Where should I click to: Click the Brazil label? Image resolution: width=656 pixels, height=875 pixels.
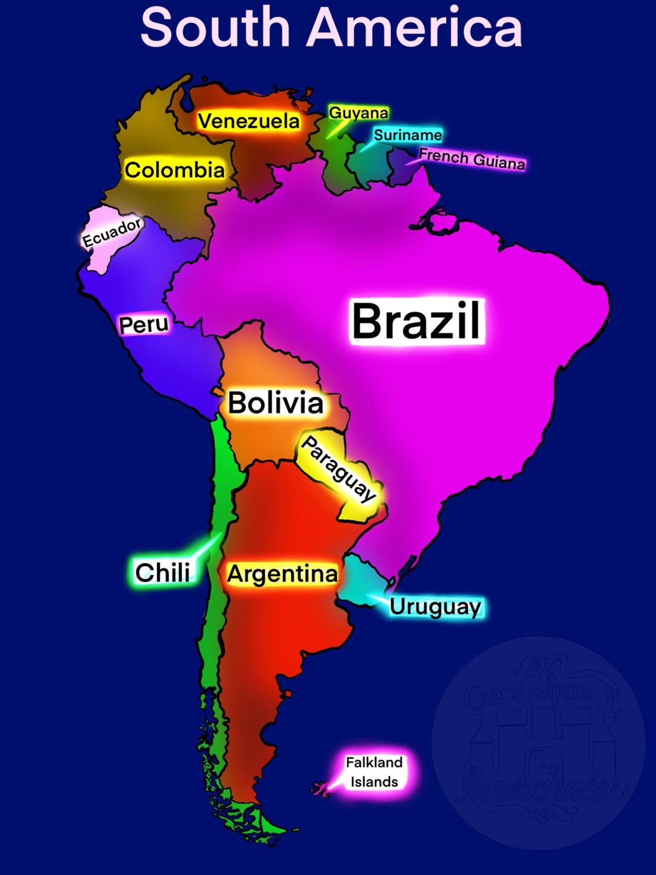coord(417,320)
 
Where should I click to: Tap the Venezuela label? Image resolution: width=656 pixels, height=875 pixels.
coord(249,121)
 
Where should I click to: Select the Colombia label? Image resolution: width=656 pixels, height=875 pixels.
coord(175,170)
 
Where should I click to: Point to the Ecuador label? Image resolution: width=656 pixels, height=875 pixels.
coord(112,232)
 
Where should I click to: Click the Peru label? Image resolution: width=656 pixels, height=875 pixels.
coord(144,325)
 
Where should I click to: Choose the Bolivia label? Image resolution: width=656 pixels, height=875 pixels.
coord(275,403)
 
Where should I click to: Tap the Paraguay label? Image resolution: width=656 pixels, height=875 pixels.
coord(338,468)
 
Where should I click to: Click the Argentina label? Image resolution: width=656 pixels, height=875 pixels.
coord(282,574)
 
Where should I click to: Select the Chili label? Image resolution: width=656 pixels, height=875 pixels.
coord(162,572)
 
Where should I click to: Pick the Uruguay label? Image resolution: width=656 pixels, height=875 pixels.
coord(435,606)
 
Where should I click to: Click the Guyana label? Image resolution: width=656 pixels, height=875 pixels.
coord(359,113)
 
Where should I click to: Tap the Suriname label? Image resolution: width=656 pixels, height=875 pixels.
coord(408,135)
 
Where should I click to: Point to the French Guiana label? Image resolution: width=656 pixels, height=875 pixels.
coord(472,159)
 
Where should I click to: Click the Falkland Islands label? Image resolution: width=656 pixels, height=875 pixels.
coord(374,771)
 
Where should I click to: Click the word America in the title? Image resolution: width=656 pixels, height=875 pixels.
coord(414,27)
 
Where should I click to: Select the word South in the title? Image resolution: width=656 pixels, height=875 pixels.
coord(215,27)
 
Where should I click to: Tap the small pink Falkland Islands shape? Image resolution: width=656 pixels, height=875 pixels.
coord(321,787)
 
